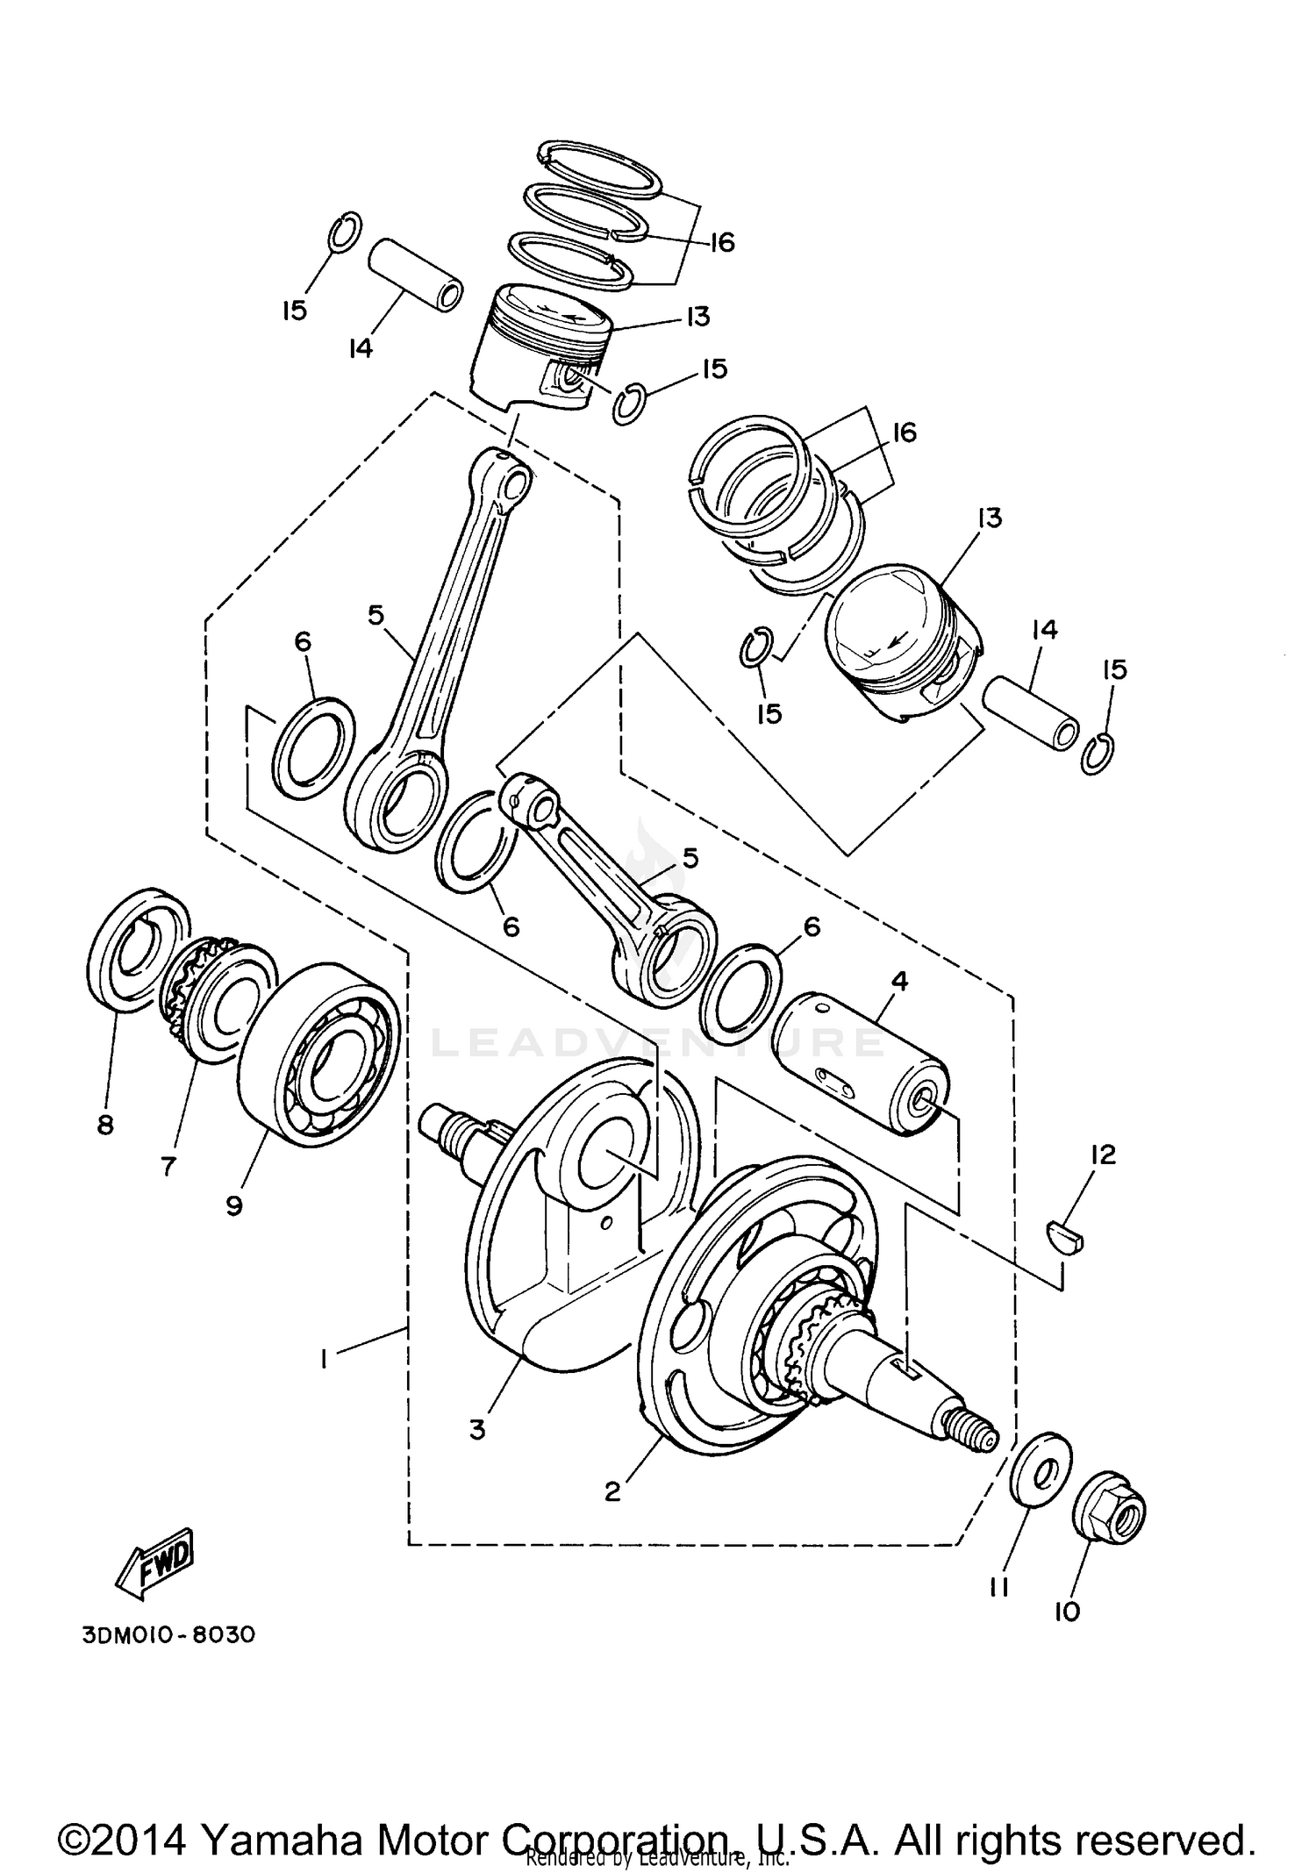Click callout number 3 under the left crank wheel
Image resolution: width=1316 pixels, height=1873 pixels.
[x=476, y=1430]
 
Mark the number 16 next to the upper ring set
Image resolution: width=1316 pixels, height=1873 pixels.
[x=720, y=241]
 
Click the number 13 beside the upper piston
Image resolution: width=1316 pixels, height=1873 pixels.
[x=697, y=316]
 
